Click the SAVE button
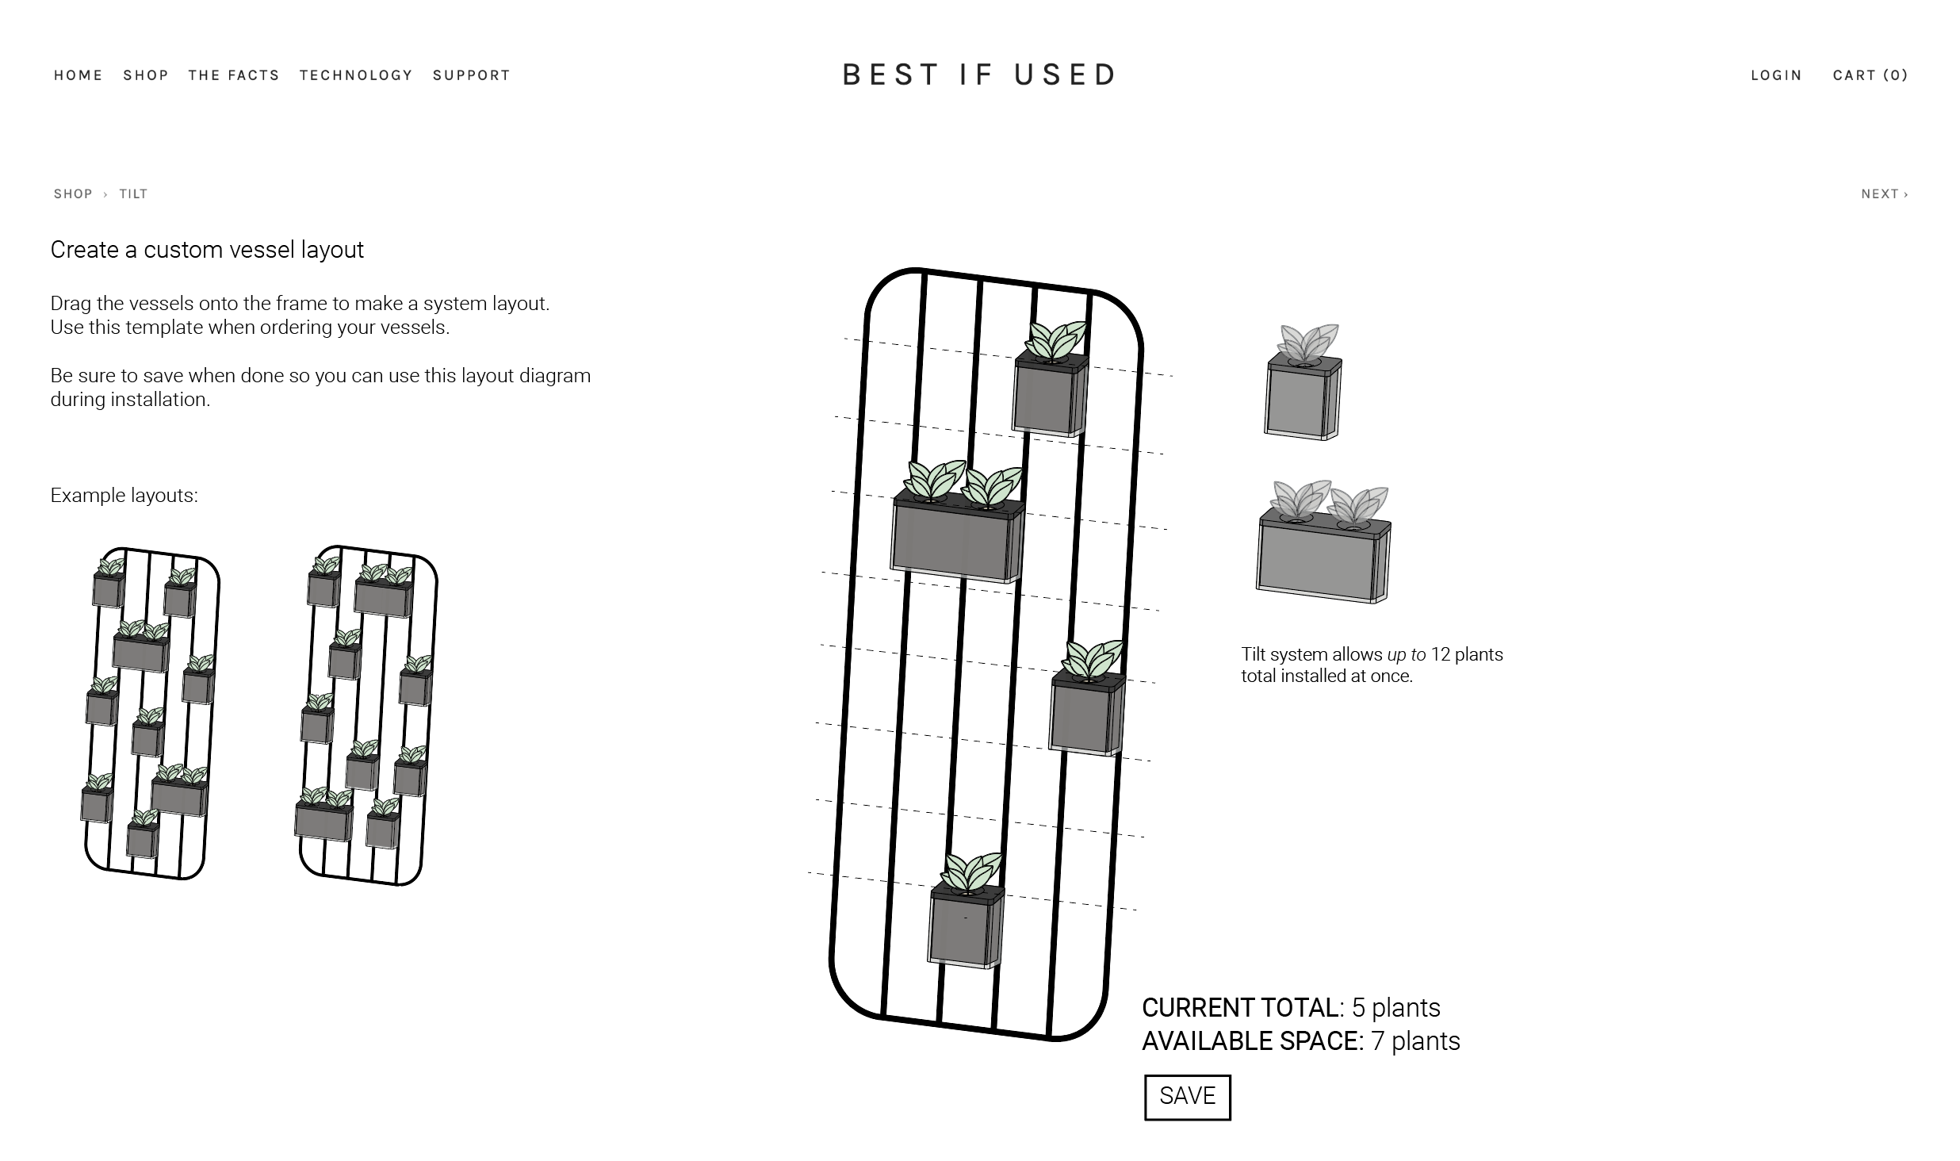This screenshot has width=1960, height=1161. tap(1187, 1097)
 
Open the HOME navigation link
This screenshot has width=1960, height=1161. tap(78, 75)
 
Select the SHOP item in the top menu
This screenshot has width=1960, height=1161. tap(146, 75)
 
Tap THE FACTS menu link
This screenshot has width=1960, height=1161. tap(234, 75)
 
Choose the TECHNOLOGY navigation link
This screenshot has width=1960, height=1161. tap(356, 75)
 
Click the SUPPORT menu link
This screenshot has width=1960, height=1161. tap(471, 75)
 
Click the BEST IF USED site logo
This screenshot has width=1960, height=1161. tap(980, 75)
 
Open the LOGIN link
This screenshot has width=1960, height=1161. tap(1776, 75)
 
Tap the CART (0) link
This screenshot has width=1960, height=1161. tap(1870, 75)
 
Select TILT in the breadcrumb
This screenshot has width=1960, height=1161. tap(133, 194)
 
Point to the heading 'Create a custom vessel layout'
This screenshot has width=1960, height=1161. tap(207, 250)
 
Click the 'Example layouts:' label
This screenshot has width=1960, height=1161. tap(124, 496)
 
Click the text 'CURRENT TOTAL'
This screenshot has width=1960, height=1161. tap(1241, 1008)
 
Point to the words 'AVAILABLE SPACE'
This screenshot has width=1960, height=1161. tap(1251, 1041)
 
